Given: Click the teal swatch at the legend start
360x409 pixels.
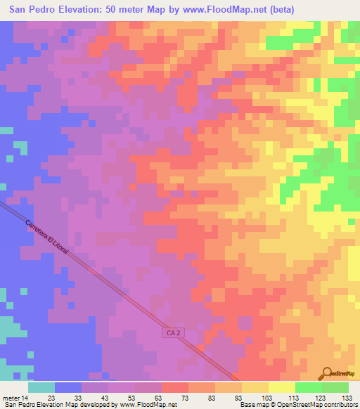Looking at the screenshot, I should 41,387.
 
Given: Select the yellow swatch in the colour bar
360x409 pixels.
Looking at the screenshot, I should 281,387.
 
